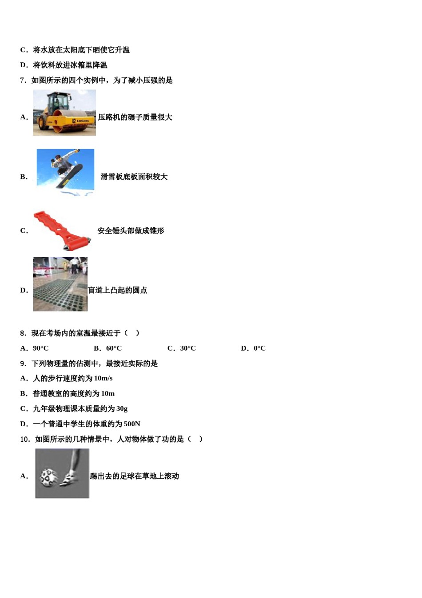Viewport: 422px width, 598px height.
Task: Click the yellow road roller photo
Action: point(64,113)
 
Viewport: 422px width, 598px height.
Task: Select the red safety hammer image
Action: point(62,230)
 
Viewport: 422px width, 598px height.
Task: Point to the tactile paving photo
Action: point(60,284)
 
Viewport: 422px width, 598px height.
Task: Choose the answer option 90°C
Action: point(40,348)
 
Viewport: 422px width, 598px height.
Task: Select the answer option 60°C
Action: point(114,348)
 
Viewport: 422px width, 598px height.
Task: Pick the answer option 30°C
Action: point(187,348)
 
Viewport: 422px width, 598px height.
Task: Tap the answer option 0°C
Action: point(259,348)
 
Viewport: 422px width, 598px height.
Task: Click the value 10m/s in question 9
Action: point(103,379)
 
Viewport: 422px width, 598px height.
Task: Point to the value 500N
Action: point(132,424)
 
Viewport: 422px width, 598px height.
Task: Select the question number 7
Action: point(23,81)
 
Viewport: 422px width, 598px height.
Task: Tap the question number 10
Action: point(25,439)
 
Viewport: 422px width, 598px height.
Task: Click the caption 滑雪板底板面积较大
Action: point(134,177)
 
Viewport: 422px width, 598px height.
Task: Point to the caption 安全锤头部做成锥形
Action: point(131,231)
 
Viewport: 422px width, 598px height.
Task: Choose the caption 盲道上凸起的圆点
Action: point(117,291)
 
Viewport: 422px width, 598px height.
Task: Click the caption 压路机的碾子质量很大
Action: point(135,117)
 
